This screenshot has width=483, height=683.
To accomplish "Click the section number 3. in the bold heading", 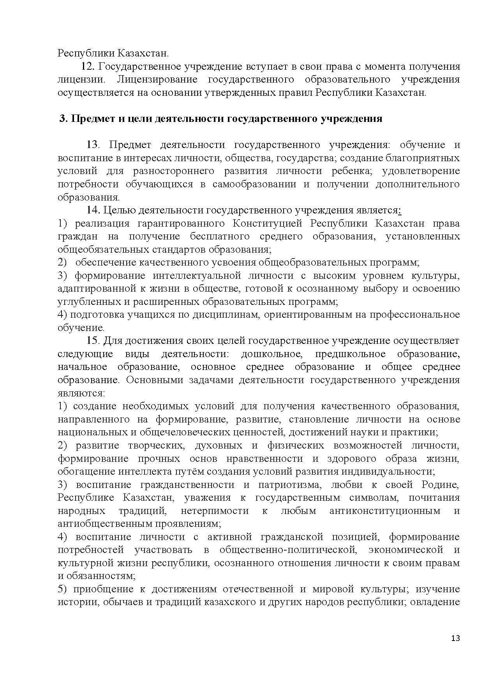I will coord(63,119).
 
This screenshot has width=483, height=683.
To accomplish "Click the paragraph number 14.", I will coord(93,210).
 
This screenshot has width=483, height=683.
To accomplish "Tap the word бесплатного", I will coord(220,236).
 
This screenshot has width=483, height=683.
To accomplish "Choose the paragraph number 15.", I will coord(93,341).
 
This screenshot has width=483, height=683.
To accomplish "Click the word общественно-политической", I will coord(288,550).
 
